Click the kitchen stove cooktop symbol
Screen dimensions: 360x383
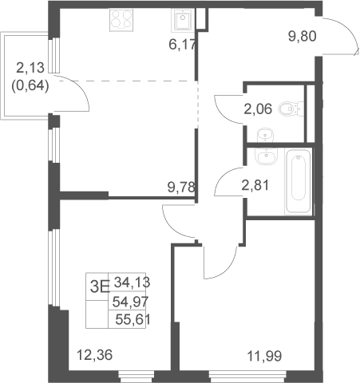(x=121, y=19)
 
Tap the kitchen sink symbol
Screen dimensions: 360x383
(x=183, y=19)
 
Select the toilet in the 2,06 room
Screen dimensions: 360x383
(x=291, y=109)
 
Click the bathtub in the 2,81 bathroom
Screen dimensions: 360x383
(x=299, y=181)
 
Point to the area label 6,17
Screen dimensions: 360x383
(x=183, y=44)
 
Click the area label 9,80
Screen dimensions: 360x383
(x=303, y=36)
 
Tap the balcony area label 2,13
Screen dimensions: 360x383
(x=30, y=68)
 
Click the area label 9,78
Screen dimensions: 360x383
(x=181, y=187)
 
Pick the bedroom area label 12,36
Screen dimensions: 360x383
(x=95, y=355)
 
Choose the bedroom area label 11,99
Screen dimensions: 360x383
(x=264, y=356)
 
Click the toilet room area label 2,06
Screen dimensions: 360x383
(x=258, y=109)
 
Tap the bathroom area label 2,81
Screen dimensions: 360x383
(x=255, y=185)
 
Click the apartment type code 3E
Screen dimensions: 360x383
(x=100, y=287)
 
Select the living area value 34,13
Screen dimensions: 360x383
(x=133, y=282)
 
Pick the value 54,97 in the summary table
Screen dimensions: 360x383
(x=130, y=302)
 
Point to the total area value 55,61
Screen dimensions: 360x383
(x=133, y=319)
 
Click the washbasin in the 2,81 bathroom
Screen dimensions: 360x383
(x=266, y=156)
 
